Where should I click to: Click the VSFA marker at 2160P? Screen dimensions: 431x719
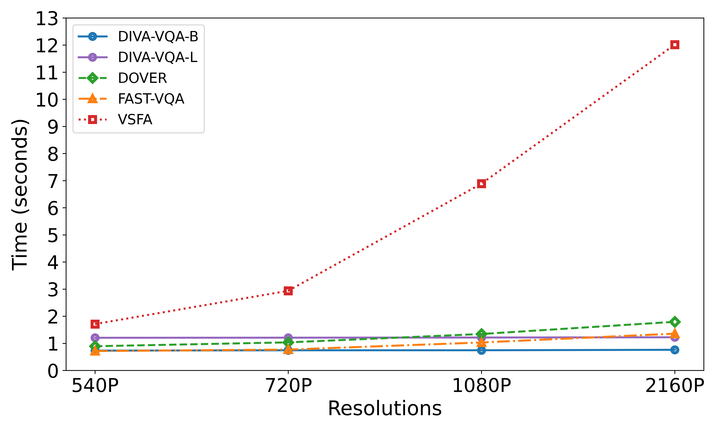pos(675,45)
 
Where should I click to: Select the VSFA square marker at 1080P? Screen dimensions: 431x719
pos(481,184)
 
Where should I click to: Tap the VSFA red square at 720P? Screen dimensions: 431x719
pos(288,291)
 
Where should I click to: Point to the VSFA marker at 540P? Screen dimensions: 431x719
pos(95,324)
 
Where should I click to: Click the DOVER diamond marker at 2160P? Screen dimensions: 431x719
pos(675,322)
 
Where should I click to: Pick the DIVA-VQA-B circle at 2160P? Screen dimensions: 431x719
pos(675,350)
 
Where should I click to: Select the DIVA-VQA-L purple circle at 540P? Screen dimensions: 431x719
pos(95,337)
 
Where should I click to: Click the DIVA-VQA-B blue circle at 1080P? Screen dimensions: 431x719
pos(481,350)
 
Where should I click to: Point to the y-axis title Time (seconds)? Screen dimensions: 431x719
pos(20,195)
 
